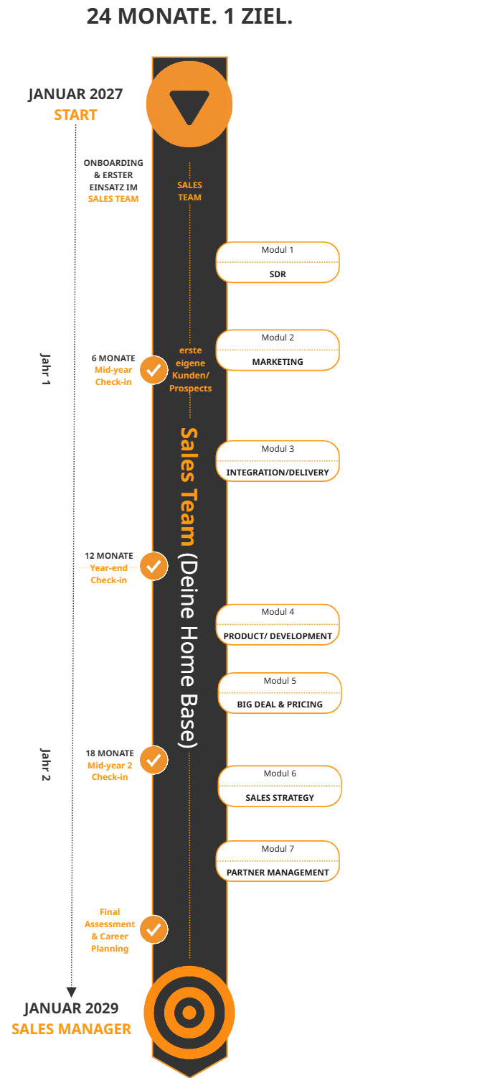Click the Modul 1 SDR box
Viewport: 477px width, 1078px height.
tap(278, 262)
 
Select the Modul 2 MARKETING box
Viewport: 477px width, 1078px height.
tap(278, 350)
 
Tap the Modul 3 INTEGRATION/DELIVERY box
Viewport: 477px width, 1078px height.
tap(278, 461)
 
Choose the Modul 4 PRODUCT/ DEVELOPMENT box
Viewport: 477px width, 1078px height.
tap(278, 625)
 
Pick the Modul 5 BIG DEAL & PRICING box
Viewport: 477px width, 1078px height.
tap(280, 693)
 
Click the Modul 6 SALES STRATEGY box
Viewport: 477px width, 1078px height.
tap(280, 786)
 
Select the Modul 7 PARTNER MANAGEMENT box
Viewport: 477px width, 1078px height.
tap(278, 861)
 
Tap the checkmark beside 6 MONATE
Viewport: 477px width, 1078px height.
tap(154, 371)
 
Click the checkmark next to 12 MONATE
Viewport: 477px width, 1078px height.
tap(154, 566)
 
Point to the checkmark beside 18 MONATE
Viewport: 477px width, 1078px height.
tap(154, 761)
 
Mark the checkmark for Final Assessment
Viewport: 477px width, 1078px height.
tap(154, 929)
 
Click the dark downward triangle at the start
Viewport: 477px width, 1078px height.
tap(189, 105)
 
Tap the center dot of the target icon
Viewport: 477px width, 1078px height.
tap(189, 1012)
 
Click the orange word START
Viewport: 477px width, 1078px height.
tap(75, 115)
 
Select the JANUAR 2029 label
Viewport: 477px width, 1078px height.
tap(71, 1008)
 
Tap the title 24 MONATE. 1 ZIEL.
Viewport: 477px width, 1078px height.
tap(189, 17)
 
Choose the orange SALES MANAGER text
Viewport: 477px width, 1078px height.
tap(71, 1029)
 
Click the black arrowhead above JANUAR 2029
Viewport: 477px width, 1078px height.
tap(72, 993)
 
